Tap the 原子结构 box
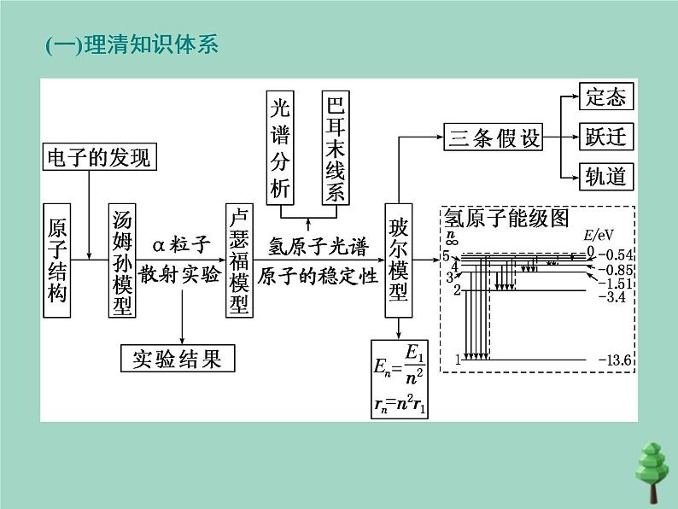click(57, 260)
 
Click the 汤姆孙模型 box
click(123, 260)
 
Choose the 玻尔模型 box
click(399, 260)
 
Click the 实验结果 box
click(178, 359)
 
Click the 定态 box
click(606, 97)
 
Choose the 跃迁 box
click(606, 137)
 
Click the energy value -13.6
click(615, 360)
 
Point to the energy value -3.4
click(613, 296)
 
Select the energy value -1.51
click(615, 283)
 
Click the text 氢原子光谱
click(318, 248)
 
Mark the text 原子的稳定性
click(318, 278)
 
